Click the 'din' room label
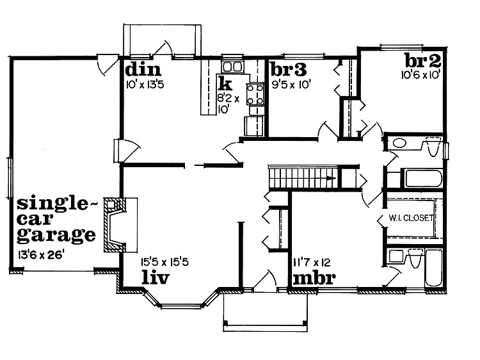pyautogui.click(x=142, y=69)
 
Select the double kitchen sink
pyautogui.click(x=232, y=67)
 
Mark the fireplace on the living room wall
pyautogui.click(x=116, y=225)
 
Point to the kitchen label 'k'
pyautogui.click(x=224, y=84)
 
